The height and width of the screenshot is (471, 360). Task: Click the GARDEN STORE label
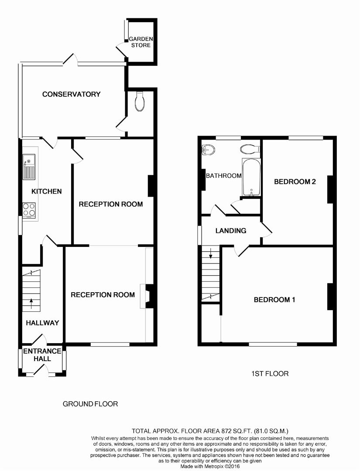point(140,42)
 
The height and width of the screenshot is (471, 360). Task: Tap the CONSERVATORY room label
point(71,94)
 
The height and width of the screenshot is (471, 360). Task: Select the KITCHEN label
point(46,191)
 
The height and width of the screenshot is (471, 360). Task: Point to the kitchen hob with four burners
point(29,210)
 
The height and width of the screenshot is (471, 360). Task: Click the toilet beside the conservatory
point(140,101)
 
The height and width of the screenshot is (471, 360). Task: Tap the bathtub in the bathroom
point(251,177)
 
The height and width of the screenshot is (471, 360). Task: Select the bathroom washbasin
point(209,150)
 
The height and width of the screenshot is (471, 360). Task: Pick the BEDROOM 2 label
point(295,182)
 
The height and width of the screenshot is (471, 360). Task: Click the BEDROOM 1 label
point(275,300)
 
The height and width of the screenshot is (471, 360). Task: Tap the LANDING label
point(231,231)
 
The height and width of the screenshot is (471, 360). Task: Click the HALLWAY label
point(42,323)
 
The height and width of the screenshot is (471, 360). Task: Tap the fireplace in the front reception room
point(148,297)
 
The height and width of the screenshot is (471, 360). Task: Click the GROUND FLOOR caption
point(90,404)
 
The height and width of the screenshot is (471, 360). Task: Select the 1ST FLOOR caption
point(270,374)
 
